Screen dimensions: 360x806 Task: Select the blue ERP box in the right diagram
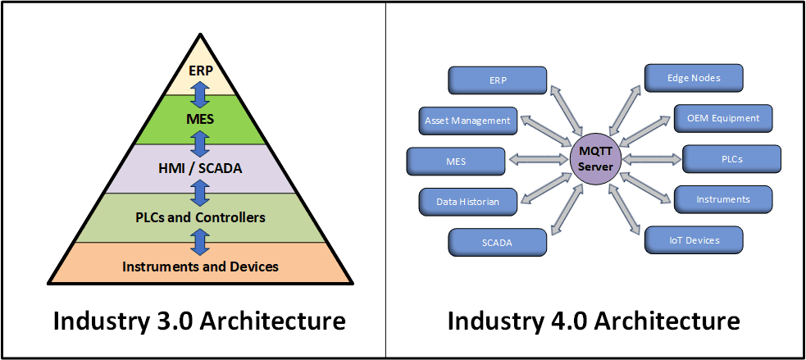point(497,80)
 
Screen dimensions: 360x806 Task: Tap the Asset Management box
point(467,121)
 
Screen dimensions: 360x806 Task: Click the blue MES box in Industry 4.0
point(456,161)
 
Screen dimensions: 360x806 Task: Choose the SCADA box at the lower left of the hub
point(497,242)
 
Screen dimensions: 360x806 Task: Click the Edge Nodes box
point(694,77)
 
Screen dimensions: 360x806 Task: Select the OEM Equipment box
point(722,117)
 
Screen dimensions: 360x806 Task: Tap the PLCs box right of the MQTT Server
point(731,158)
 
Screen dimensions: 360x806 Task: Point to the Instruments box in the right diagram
point(722,198)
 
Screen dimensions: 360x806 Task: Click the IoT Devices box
point(694,239)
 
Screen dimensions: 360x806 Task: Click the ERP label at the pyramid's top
point(200,71)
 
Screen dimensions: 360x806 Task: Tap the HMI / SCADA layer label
point(200,169)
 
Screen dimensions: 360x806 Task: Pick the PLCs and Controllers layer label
point(200,217)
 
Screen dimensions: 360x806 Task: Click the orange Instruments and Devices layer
point(200,266)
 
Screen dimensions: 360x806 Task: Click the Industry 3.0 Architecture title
point(199,320)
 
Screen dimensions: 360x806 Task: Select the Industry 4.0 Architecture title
point(594,320)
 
